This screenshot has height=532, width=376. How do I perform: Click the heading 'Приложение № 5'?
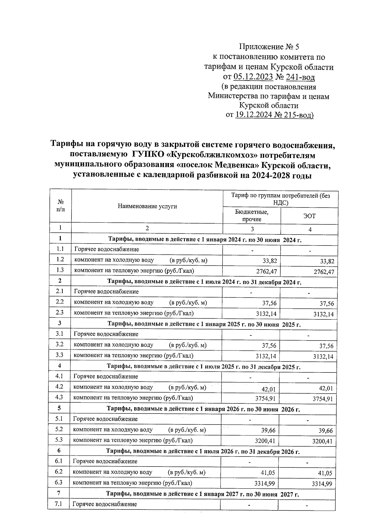coord(269,47)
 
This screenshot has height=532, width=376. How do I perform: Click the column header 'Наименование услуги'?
coord(147,206)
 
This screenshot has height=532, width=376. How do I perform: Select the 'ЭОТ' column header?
coord(310,216)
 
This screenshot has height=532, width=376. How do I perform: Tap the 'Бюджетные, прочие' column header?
coord(252,216)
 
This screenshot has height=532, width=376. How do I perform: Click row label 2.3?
coord(60,312)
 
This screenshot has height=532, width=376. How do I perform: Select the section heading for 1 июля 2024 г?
coord(204,282)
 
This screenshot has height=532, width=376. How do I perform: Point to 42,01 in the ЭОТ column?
coord(326,388)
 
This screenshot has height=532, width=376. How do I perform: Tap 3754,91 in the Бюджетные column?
coord(265,399)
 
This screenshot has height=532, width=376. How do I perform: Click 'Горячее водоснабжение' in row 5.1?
coord(105,419)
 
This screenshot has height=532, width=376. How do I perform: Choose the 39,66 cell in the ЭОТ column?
coord(326,431)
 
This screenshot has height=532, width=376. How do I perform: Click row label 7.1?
coord(59,504)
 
